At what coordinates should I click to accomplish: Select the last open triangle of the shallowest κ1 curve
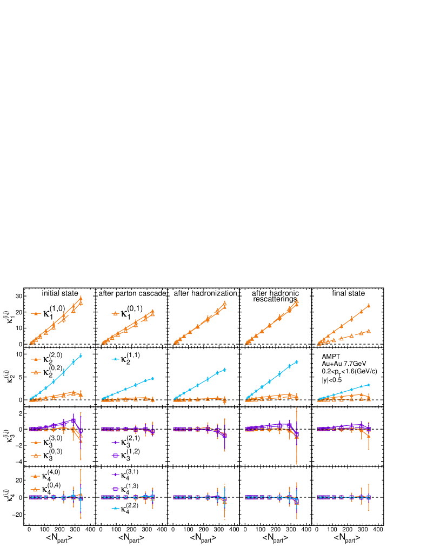369,331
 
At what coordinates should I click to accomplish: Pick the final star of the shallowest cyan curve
369,385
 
